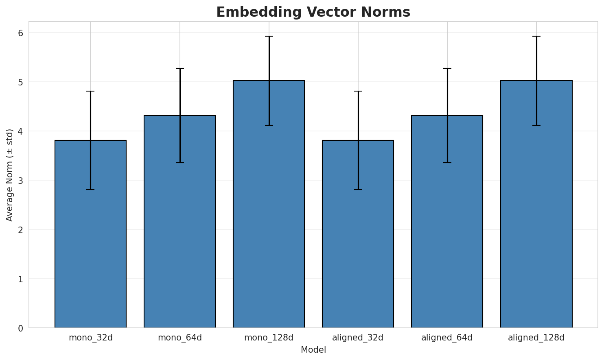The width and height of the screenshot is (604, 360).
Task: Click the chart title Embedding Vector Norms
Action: [x=313, y=12]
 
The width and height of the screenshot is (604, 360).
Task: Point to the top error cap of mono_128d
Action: [x=269, y=36]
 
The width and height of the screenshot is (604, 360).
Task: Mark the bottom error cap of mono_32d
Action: [x=90, y=190]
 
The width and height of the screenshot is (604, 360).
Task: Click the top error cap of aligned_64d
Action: [x=447, y=68]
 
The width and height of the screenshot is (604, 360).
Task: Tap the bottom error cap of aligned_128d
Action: [x=536, y=125]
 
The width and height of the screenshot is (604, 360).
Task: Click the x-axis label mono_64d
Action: [x=179, y=338]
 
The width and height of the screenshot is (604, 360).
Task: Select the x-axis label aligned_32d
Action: [x=358, y=338]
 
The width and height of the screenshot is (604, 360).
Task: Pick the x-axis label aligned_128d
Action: [x=536, y=338]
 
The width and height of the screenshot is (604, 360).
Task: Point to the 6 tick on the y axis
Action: [x=20, y=33]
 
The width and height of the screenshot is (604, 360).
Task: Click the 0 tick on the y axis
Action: [x=20, y=328]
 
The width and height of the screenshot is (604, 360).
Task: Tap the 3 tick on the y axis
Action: [x=20, y=180]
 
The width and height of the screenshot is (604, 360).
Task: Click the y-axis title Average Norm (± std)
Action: [x=10, y=175]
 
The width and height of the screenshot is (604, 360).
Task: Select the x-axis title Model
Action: [x=313, y=350]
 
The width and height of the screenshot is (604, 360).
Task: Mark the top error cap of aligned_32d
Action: [x=358, y=91]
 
